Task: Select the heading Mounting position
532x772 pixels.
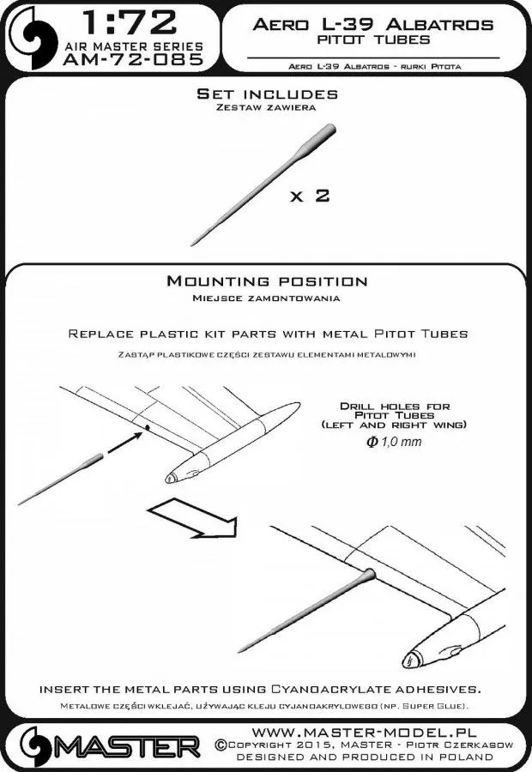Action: (267, 281)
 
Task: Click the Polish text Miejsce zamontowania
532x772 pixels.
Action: (266, 298)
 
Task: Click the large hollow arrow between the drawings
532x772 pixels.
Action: (190, 520)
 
